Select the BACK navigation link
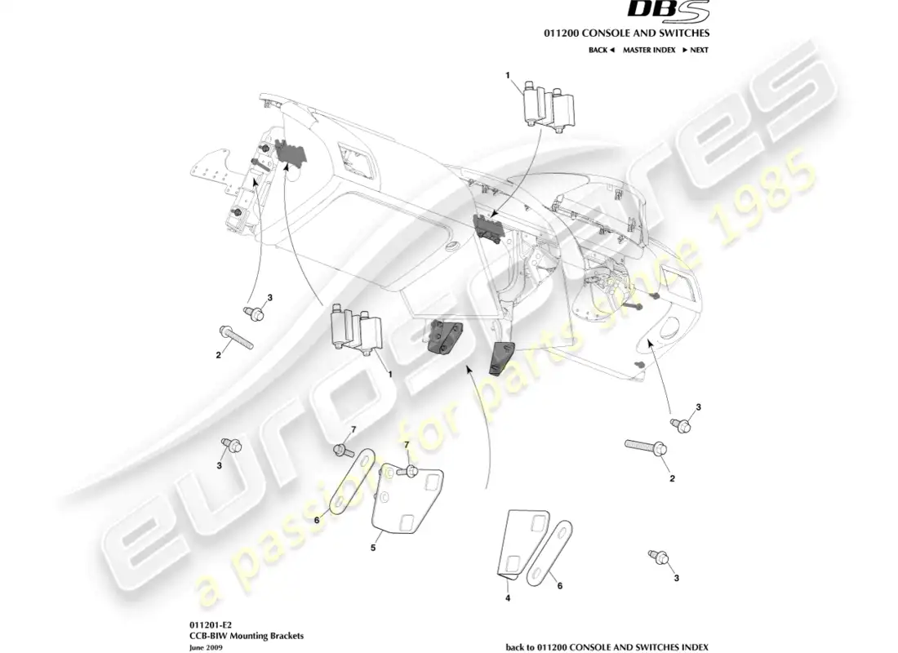point(601,50)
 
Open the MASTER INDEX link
point(648,50)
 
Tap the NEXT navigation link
point(695,50)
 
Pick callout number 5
point(373,549)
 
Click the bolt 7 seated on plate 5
point(411,471)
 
